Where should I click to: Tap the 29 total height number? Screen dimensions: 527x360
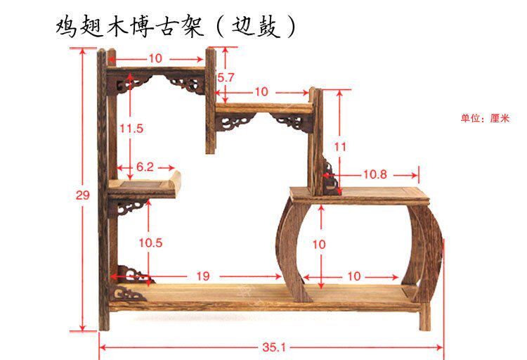(83, 195)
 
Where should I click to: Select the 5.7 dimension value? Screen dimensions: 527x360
(226, 77)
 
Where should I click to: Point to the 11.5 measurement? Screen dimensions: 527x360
(131, 129)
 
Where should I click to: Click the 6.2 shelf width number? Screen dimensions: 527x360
(145, 167)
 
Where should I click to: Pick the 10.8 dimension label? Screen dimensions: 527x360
(374, 174)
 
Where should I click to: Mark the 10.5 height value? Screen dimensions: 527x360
(150, 243)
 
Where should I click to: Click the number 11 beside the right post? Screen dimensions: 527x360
(340, 147)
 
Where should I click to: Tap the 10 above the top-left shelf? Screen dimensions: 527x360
(155, 57)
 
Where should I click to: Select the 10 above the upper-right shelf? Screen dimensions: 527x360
(261, 91)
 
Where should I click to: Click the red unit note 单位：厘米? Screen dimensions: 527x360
(484, 118)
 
